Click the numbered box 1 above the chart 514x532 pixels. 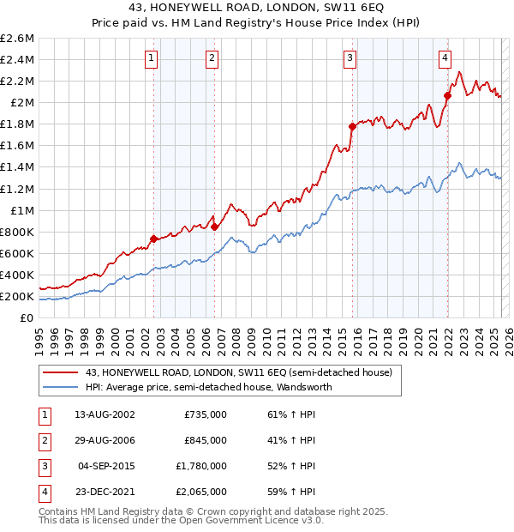[151, 58]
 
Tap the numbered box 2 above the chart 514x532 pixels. [212, 58]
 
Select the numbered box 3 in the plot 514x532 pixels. [350, 58]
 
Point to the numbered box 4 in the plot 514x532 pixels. [445, 58]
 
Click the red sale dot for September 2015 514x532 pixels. [352, 126]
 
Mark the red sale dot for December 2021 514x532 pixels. [447, 95]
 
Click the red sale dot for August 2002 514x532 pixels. [153, 239]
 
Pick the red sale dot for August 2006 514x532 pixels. [214, 227]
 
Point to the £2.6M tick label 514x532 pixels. [17, 39]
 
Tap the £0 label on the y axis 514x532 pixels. [27, 317]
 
